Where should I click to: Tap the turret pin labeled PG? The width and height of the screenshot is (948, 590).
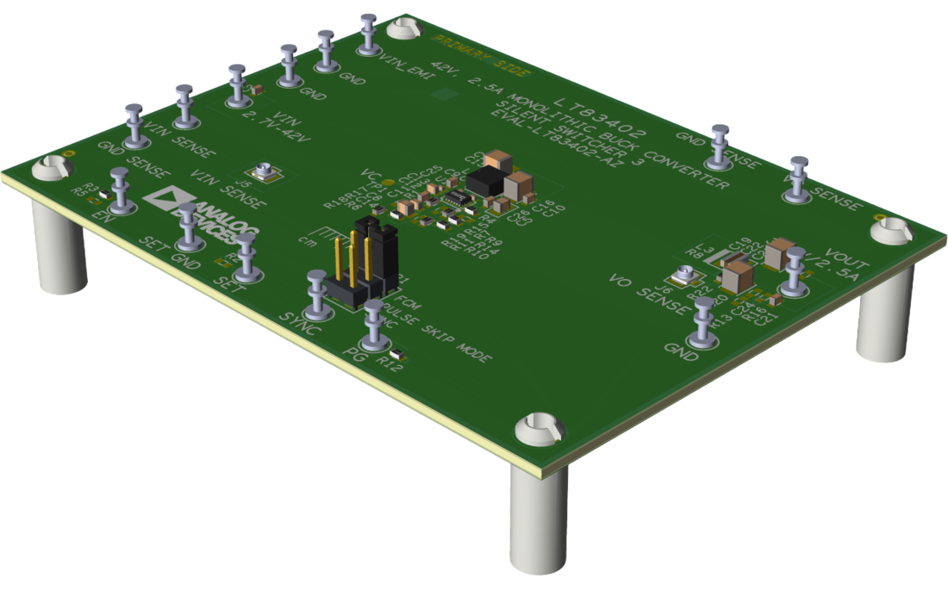373,320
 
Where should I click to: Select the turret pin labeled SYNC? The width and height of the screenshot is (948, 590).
317,289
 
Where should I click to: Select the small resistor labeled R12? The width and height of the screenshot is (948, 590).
397,354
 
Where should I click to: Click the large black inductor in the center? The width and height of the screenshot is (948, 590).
487,182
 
